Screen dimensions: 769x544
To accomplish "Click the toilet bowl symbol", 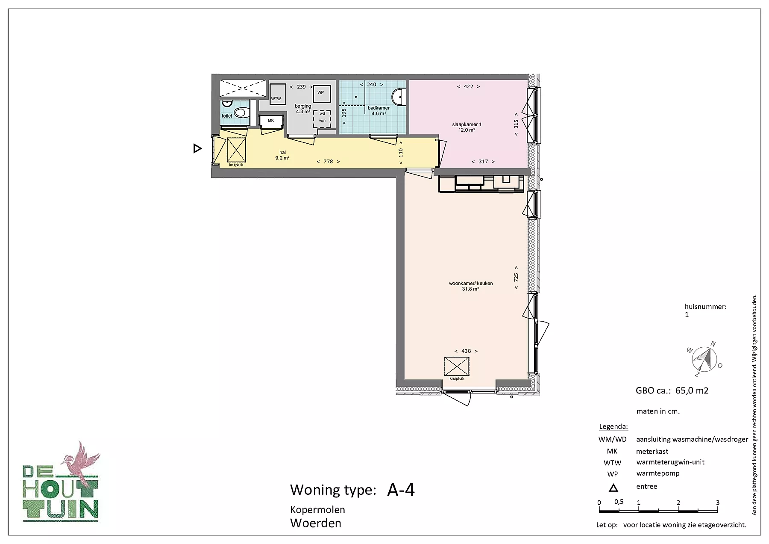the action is pyautogui.click(x=241, y=113).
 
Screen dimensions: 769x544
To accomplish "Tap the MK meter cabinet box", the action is pyautogui.click(x=271, y=121).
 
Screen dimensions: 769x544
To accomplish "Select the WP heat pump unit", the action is pyautogui.click(x=320, y=93).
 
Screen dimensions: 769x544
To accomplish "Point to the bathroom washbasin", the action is pyautogui.click(x=398, y=96).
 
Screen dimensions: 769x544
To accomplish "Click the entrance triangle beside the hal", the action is pyautogui.click(x=197, y=148).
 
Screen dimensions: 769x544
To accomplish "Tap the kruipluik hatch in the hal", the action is pyautogui.click(x=236, y=150).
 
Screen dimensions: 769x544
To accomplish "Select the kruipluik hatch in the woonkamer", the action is pyautogui.click(x=457, y=366).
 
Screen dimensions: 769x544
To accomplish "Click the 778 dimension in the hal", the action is pyautogui.click(x=328, y=162).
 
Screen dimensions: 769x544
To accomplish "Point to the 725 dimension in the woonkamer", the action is pyautogui.click(x=516, y=277).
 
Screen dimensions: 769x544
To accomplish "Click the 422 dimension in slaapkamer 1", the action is pyautogui.click(x=468, y=86).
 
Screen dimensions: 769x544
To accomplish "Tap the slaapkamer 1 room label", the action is pyautogui.click(x=467, y=124).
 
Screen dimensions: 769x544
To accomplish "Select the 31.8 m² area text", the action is pyautogui.click(x=470, y=289).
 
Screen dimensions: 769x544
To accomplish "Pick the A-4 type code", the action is pyautogui.click(x=401, y=490).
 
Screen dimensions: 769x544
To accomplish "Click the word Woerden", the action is pyautogui.click(x=316, y=523).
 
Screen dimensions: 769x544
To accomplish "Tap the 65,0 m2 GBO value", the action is pyautogui.click(x=692, y=390).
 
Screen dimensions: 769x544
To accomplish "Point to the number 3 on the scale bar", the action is pyautogui.click(x=718, y=503).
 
